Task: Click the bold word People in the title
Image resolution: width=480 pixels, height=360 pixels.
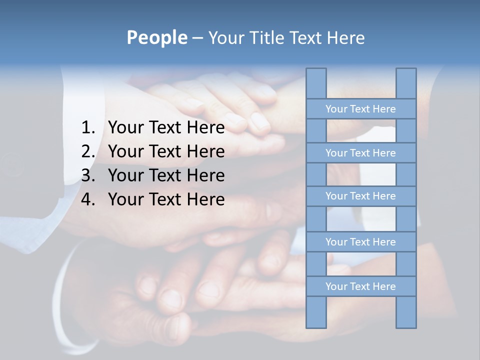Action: coord(156,37)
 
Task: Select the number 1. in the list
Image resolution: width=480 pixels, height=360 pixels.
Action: coord(88,128)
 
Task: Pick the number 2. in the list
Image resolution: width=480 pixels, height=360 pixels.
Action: coord(88,151)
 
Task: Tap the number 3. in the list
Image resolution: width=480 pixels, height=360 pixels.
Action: coord(88,175)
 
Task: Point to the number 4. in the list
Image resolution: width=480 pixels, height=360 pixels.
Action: coord(88,199)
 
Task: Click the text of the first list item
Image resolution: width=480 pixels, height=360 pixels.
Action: coord(166,128)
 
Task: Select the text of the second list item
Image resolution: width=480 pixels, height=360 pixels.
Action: coord(166,151)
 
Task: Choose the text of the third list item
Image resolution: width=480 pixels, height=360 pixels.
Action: coord(166,175)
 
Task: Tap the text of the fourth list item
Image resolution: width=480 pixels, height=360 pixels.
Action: coord(166,199)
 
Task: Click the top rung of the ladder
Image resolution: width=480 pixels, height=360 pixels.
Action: coord(360,109)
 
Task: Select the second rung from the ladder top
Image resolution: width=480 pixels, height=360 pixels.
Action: coord(360,153)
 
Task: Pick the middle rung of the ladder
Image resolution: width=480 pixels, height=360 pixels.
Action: coord(360,196)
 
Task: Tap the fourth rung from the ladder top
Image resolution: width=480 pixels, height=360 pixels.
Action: coord(360,242)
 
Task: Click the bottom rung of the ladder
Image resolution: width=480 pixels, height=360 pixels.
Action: coord(360,286)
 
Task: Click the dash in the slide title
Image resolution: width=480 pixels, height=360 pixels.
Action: coord(197,38)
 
